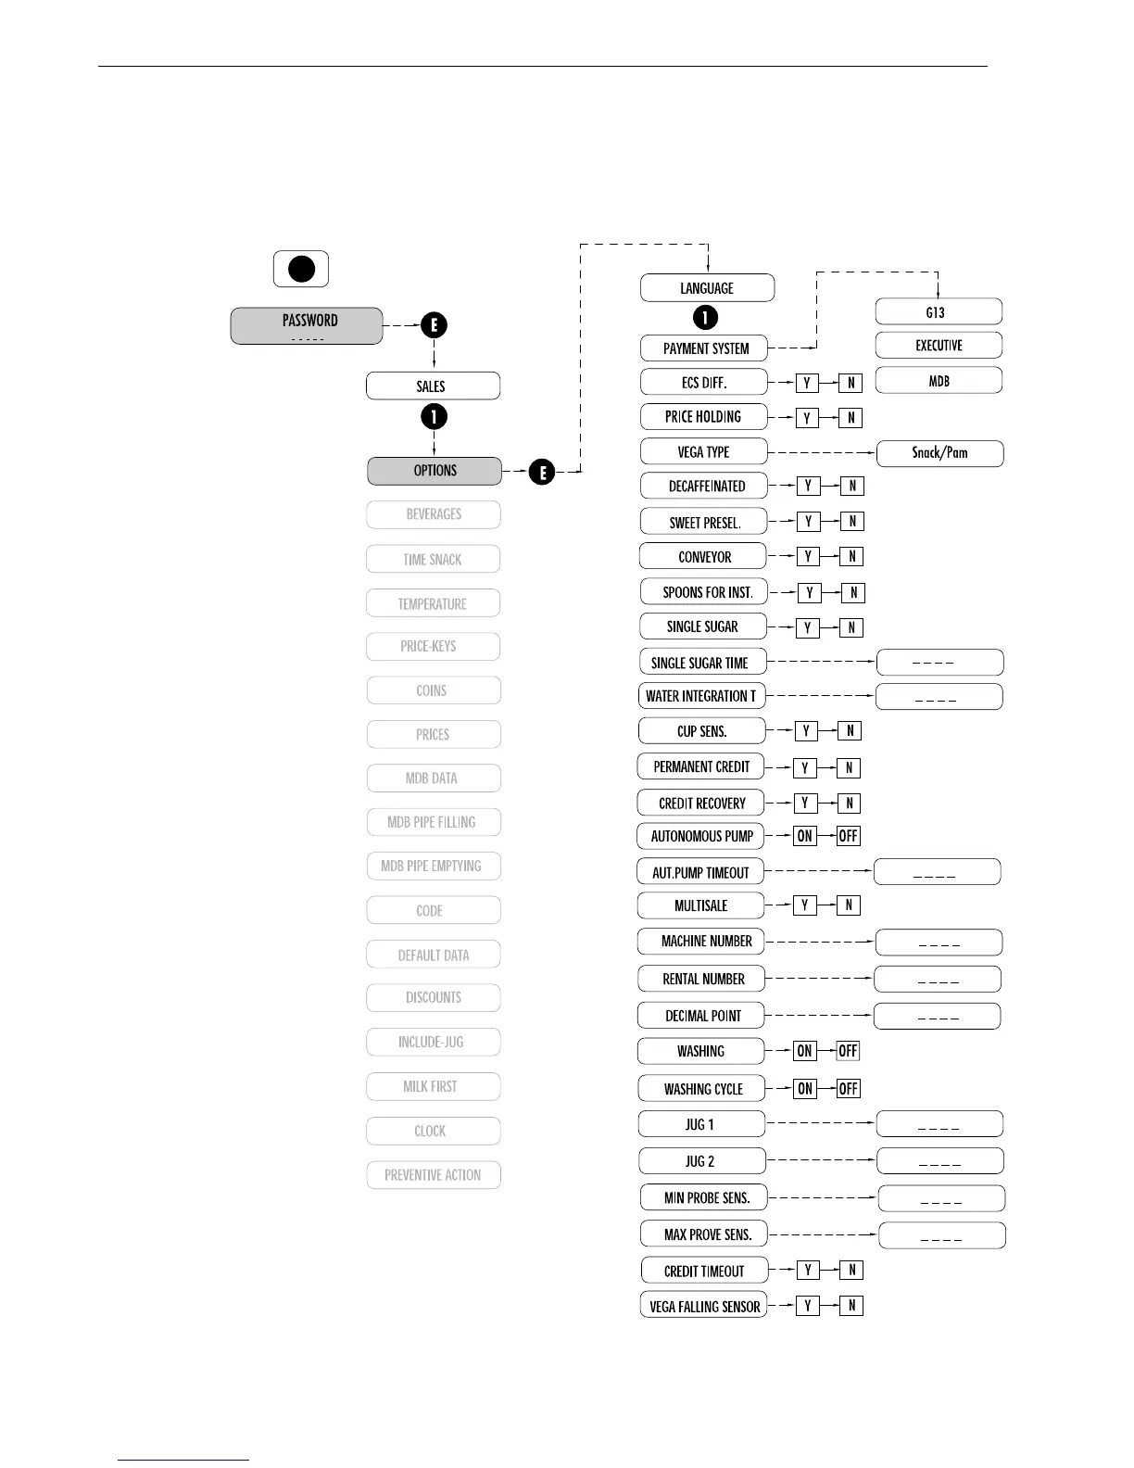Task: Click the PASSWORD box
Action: [307, 326]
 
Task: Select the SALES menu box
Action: [433, 386]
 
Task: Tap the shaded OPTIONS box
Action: [435, 471]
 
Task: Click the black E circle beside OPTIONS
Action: [542, 473]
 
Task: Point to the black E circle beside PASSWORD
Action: [434, 325]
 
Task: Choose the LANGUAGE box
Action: [707, 288]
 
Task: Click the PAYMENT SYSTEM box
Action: [704, 348]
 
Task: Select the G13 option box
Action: [938, 312]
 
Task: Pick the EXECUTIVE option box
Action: [939, 346]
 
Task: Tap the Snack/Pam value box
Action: [939, 453]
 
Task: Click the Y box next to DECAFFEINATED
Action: [808, 486]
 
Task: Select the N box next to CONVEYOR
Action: [851, 556]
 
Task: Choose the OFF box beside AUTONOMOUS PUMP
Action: [848, 836]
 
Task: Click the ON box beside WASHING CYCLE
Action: [805, 1089]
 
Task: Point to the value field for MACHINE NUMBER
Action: [939, 943]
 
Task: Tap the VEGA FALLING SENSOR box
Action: [703, 1306]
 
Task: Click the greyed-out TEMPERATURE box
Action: [433, 604]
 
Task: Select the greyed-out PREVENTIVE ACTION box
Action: [433, 1175]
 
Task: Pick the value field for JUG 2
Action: [939, 1161]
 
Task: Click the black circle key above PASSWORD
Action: [301, 269]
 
